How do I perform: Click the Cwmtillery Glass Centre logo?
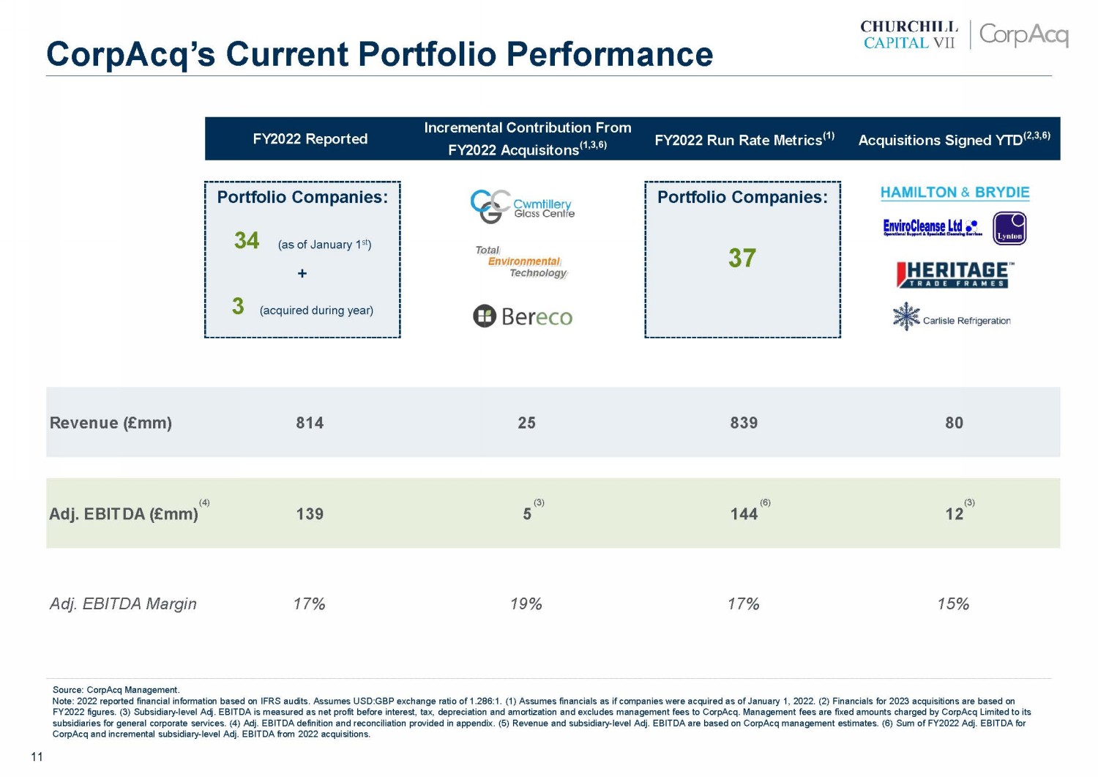523,207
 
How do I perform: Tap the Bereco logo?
523,316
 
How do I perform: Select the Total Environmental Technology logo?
521,261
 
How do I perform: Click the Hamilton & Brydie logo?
955,193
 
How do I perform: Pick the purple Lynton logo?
1009,228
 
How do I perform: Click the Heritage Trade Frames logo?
955,275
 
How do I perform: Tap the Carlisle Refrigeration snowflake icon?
906,316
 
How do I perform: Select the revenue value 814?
310,423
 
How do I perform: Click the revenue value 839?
744,423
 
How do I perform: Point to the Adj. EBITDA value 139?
310,513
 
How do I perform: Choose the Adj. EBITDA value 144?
744,513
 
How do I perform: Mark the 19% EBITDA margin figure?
526,604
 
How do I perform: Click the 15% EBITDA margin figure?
953,604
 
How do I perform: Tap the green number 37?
742,258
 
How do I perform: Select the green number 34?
247,240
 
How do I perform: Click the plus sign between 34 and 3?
302,273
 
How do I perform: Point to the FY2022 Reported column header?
310,139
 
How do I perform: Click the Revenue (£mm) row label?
111,423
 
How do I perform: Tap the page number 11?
37,756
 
